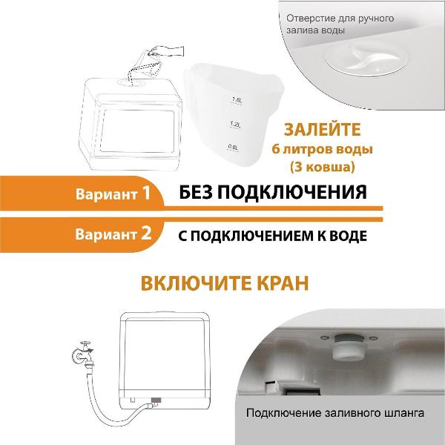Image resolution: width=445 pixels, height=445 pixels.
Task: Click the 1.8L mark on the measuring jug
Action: [238, 99]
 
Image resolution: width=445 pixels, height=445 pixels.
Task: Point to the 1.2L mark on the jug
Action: [237, 124]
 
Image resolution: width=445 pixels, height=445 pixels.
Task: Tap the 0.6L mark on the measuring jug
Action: [237, 147]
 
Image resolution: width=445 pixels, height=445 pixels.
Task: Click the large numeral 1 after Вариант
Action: [146, 194]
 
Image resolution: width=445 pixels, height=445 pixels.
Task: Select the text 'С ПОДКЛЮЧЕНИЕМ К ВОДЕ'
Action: [272, 234]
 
